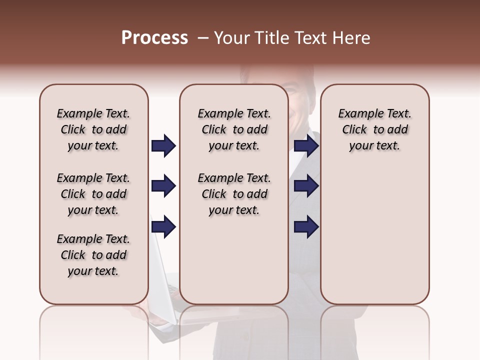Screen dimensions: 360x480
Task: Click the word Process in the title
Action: pyautogui.click(x=154, y=38)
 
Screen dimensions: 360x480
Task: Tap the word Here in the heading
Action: pyautogui.click(x=351, y=38)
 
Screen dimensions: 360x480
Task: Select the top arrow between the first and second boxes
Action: pyautogui.click(x=163, y=146)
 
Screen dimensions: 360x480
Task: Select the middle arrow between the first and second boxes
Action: pyautogui.click(x=163, y=186)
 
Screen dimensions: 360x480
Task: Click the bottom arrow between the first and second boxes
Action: pyautogui.click(x=163, y=227)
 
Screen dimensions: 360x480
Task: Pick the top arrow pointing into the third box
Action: pyautogui.click(x=306, y=146)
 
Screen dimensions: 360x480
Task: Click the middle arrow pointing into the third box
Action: pyautogui.click(x=306, y=186)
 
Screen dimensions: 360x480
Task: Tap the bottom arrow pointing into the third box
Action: pyautogui.click(x=306, y=227)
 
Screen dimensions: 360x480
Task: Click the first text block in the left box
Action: pyautogui.click(x=93, y=129)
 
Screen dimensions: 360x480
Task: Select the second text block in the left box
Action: pyautogui.click(x=93, y=194)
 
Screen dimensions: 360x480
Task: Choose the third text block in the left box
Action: pyautogui.click(x=93, y=255)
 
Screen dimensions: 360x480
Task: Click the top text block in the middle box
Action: pyautogui.click(x=234, y=129)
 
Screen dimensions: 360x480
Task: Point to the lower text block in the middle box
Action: pyautogui.click(x=234, y=194)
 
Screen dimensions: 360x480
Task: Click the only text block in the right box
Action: pyautogui.click(x=374, y=129)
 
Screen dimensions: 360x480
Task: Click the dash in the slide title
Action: pyautogui.click(x=203, y=38)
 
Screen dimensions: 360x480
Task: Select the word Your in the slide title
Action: pyautogui.click(x=232, y=38)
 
